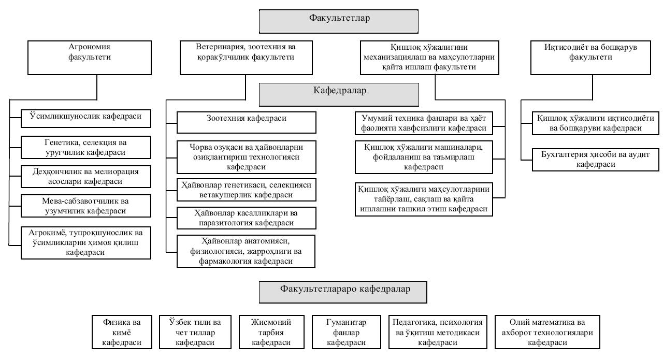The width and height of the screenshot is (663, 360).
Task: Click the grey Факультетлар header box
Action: pyautogui.click(x=339, y=21)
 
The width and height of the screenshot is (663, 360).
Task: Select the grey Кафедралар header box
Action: pyautogui.click(x=339, y=95)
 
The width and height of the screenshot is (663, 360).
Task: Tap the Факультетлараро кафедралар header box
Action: pyautogui.click(x=343, y=292)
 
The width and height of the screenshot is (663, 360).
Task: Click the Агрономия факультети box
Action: pyautogui.click(x=90, y=57)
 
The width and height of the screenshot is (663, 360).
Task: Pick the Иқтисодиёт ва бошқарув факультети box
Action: pyautogui.click(x=590, y=57)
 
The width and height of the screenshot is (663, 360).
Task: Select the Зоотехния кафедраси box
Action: pyautogui.click(x=247, y=122)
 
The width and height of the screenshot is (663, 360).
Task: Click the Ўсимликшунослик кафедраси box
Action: pyautogui.click(x=86, y=119)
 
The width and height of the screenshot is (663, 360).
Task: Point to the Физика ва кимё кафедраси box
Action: pyautogui.click(x=122, y=332)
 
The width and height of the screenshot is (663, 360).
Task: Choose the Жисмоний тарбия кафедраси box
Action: pyautogui.click(x=271, y=332)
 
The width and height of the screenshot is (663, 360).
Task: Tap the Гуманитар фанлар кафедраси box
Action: pyautogui.click(x=347, y=332)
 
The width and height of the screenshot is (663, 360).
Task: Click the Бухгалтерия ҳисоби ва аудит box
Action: pyautogui.click(x=596, y=160)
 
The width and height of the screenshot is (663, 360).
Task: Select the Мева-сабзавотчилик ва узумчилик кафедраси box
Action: pyautogui.click(x=86, y=206)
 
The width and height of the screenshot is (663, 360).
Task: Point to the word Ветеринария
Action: pyautogui.click(x=220, y=47)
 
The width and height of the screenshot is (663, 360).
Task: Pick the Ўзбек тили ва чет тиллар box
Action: pyautogui.click(x=195, y=332)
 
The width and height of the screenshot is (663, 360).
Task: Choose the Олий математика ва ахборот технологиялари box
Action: pyautogui.click(x=547, y=332)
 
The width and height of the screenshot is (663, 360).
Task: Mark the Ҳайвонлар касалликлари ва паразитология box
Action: pyautogui.click(x=247, y=218)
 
